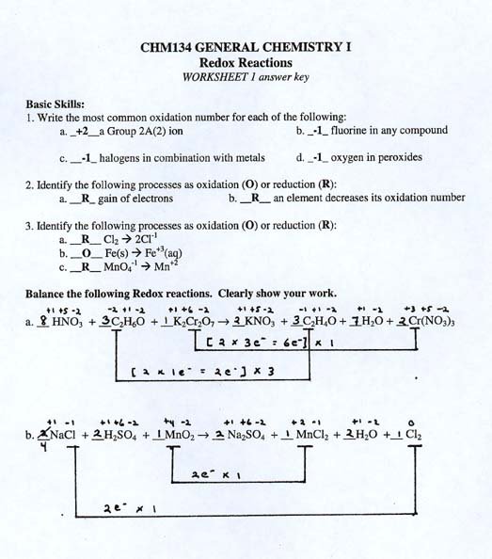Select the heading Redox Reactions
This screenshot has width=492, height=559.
pyautogui.click(x=246, y=63)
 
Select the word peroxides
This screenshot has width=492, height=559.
pyautogui.click(x=398, y=157)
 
